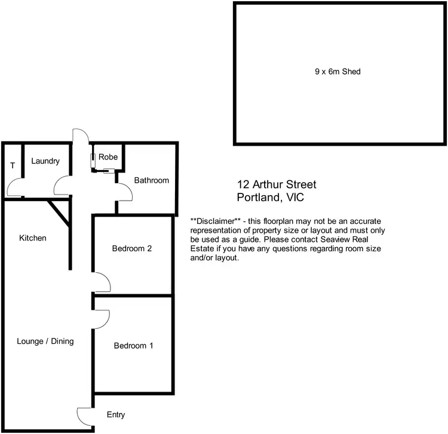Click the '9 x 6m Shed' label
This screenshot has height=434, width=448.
click(338, 72)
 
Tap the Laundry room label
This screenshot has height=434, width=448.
click(45, 161)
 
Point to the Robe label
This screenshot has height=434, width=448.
click(108, 158)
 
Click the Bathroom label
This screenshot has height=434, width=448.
click(151, 180)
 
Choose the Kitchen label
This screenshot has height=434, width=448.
click(33, 238)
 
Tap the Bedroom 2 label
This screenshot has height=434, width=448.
click(132, 249)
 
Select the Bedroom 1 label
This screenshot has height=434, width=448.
click(133, 345)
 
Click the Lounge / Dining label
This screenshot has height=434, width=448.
click(45, 341)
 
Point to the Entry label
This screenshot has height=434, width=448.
click(116, 415)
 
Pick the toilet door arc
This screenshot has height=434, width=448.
click(14, 189)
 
